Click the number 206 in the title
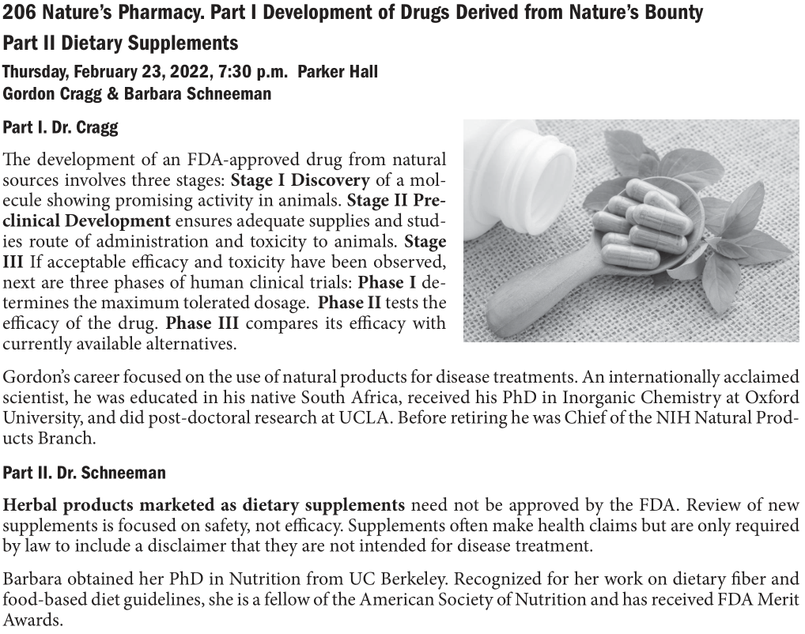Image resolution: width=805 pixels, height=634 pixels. click(18, 13)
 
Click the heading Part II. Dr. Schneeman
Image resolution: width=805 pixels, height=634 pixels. click(84, 474)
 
